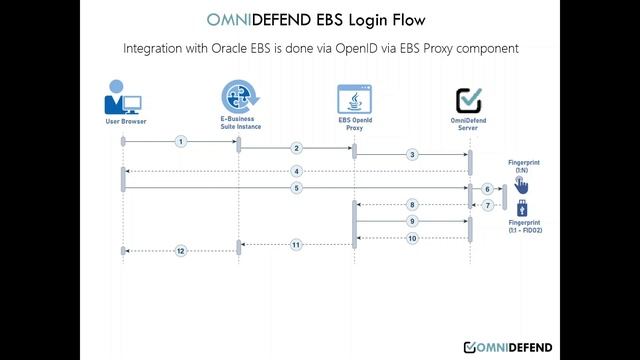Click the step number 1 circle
pos(181,142)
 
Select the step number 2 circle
pos(296,148)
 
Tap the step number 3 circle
pos(412,155)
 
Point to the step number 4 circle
pos(296,171)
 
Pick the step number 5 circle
pos(296,188)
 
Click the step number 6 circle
pos(487,188)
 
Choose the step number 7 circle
pos(487,205)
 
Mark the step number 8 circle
pos(412,205)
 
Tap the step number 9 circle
pos(412,221)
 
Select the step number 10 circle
pos(412,238)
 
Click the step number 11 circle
pos(296,244)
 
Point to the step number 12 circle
pos(181,250)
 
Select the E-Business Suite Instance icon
pos(239,98)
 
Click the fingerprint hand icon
pos(521,185)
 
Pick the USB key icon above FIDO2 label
pos(520,208)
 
